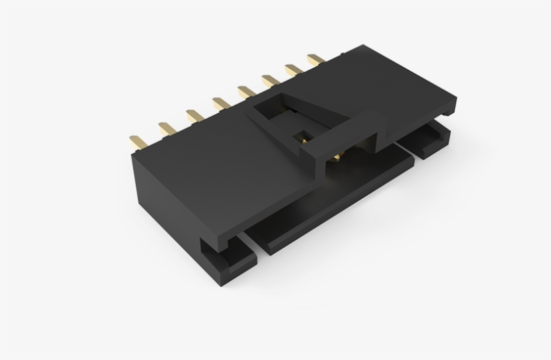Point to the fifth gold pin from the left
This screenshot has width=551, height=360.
[245, 91]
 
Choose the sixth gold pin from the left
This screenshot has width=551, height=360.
[269, 81]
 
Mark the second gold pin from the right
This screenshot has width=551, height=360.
[293, 70]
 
